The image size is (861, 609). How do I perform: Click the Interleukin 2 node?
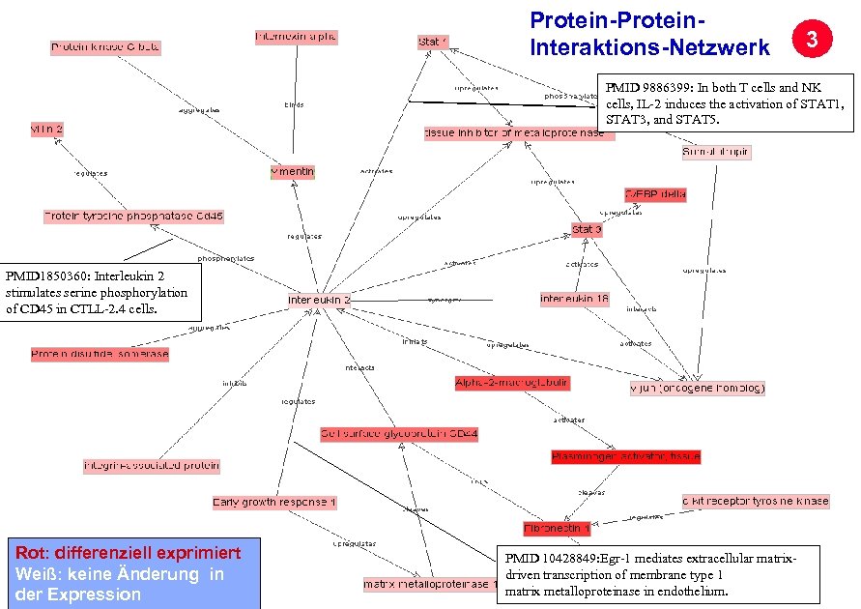pyautogui.click(x=320, y=300)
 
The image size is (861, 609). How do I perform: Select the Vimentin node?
pyautogui.click(x=292, y=172)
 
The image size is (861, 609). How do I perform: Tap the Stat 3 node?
pyautogui.click(x=587, y=230)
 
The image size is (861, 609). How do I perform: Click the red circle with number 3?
pyautogui.click(x=813, y=40)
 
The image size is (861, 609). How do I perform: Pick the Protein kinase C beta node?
pyautogui.click(x=105, y=46)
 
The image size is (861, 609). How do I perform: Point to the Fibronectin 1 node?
pyautogui.click(x=557, y=529)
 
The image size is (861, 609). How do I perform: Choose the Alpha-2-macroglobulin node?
pyautogui.click(x=512, y=383)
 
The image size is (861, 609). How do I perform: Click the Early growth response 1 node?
pyautogui.click(x=274, y=503)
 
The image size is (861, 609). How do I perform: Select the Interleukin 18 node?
pyautogui.click(x=575, y=300)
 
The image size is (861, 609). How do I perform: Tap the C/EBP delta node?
pyautogui.click(x=655, y=194)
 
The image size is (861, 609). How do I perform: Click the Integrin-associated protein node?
pyautogui.click(x=152, y=466)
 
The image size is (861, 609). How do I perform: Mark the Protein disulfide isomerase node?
pyautogui.click(x=100, y=355)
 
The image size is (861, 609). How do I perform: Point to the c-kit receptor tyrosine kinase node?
pyautogui.click(x=755, y=501)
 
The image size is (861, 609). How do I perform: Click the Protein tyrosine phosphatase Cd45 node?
pyautogui.click(x=133, y=217)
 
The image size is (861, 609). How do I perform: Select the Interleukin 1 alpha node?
pyautogui.click(x=296, y=37)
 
